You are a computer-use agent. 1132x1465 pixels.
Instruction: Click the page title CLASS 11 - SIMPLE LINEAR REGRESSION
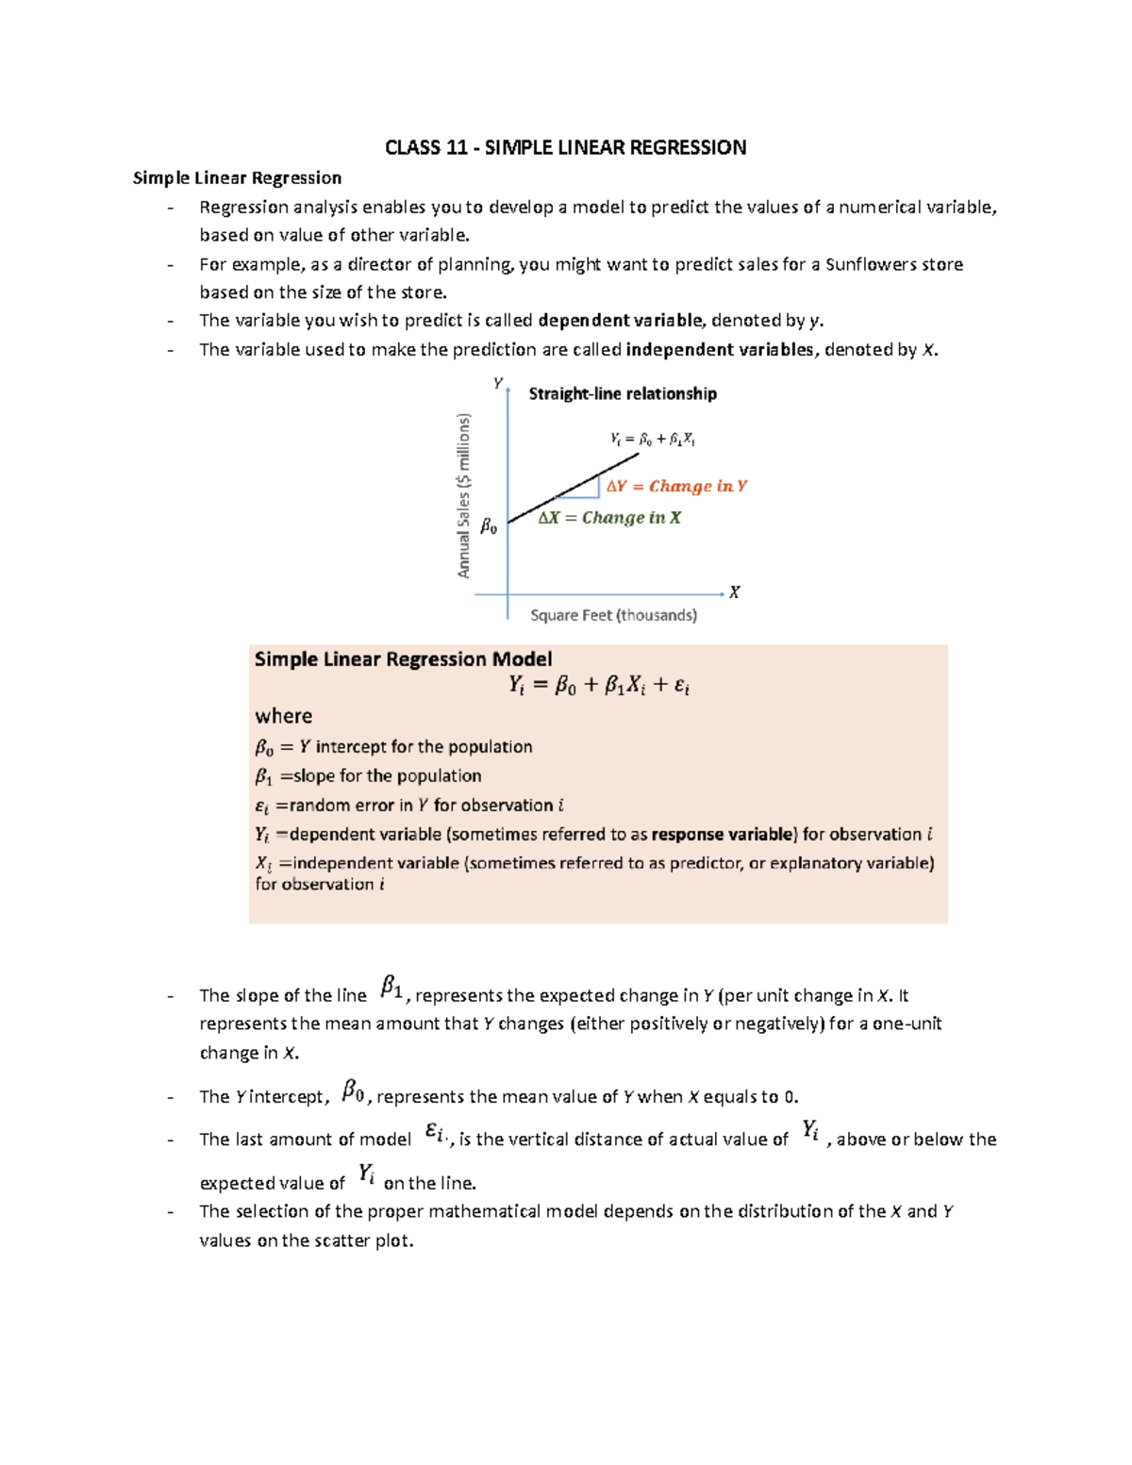pos(565,147)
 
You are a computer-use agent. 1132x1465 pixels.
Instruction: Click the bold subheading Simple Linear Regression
pos(237,178)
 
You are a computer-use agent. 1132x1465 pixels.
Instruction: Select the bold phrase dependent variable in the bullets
pos(620,321)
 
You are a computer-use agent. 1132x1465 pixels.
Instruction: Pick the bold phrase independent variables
pos(720,350)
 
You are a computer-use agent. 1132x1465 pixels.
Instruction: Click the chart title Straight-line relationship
pos(623,393)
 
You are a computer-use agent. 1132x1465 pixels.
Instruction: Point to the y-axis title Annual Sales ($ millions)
pos(463,495)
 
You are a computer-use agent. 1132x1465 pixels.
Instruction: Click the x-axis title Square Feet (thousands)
pos(613,615)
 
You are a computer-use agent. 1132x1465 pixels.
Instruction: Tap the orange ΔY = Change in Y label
pos(676,486)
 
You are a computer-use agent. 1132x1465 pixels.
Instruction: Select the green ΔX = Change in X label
pos(609,518)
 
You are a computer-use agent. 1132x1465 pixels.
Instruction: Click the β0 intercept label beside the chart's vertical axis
pos(489,526)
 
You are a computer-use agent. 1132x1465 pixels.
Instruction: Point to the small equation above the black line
pos(653,439)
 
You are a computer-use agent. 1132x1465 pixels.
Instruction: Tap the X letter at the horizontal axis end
pos(734,592)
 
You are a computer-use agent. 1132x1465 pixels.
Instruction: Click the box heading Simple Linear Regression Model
pos(403,659)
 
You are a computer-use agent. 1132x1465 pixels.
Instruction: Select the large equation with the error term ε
pos(599,686)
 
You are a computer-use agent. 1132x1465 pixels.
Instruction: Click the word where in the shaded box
pos(283,716)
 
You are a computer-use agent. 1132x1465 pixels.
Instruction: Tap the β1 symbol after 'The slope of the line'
pos(391,988)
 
